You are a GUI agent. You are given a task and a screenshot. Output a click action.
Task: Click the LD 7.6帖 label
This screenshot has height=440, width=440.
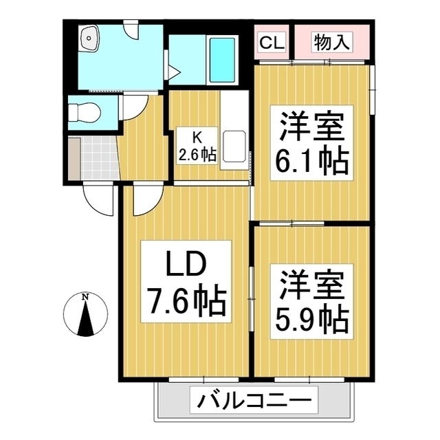(186, 282)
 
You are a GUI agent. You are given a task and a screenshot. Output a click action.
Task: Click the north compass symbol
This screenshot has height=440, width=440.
(85, 317)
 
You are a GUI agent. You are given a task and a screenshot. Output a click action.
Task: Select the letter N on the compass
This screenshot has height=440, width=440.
(85, 297)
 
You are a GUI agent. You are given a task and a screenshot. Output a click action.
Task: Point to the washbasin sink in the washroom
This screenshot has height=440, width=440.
(89, 38)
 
